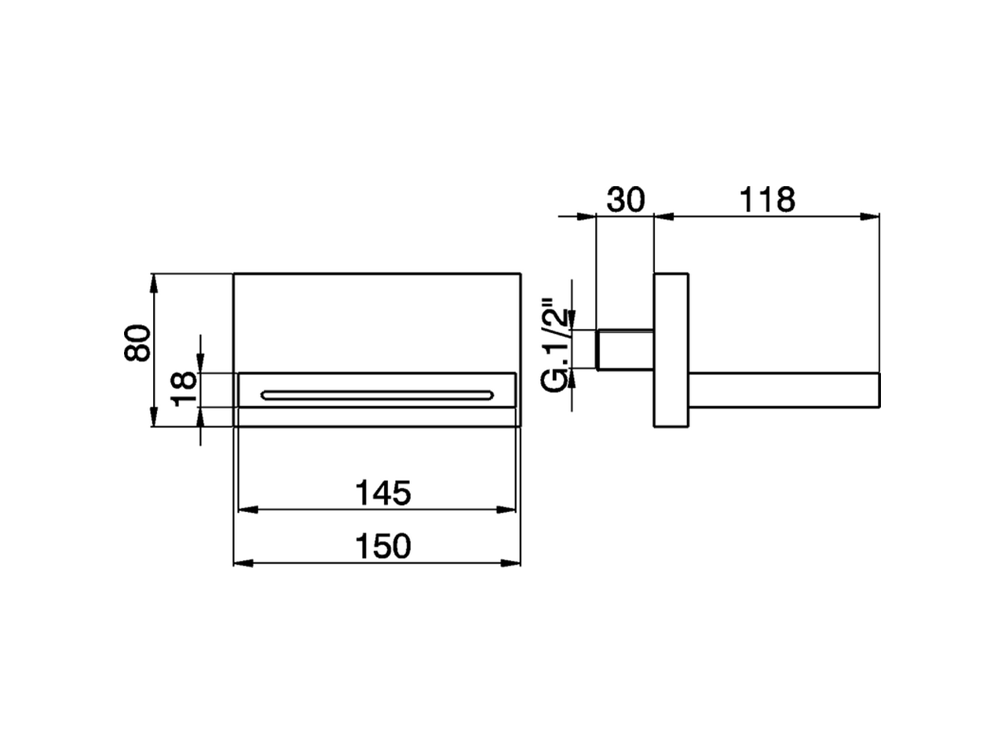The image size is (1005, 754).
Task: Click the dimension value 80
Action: click(137, 342)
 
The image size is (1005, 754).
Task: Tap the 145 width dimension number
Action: click(383, 493)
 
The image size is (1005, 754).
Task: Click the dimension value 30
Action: click(625, 200)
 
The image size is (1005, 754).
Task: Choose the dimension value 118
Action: click(767, 200)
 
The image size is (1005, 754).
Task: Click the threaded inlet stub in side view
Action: click(624, 350)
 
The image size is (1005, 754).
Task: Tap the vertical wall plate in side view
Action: click(671, 350)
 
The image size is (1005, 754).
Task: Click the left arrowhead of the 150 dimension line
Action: click(243, 563)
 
